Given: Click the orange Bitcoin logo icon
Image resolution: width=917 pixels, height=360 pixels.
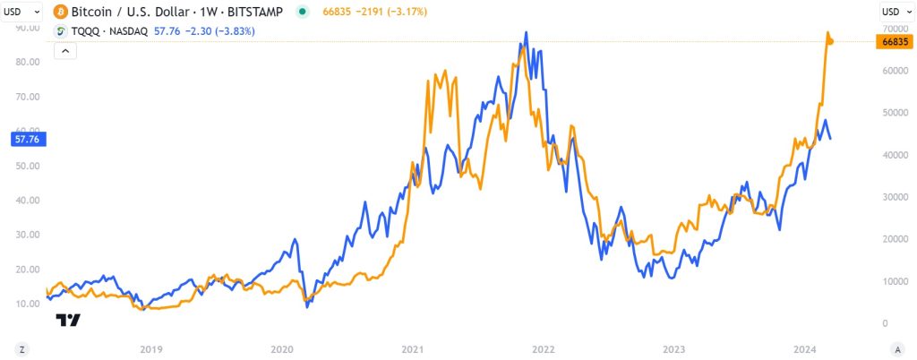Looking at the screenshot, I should click(x=62, y=12).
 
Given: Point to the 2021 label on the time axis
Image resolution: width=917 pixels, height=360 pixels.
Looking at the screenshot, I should click(x=413, y=348).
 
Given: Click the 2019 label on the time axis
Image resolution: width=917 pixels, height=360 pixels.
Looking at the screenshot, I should click(x=151, y=348).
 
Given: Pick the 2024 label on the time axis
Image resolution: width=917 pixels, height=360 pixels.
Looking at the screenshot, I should click(x=805, y=348).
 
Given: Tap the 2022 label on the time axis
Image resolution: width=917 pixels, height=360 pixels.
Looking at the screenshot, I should click(x=544, y=348).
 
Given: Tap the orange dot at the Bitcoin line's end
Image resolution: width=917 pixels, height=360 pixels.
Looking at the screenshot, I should click(x=830, y=41).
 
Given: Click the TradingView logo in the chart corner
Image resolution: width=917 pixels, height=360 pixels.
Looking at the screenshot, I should click(x=68, y=321).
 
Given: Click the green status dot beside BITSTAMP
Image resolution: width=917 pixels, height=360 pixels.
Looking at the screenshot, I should click(x=303, y=12).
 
